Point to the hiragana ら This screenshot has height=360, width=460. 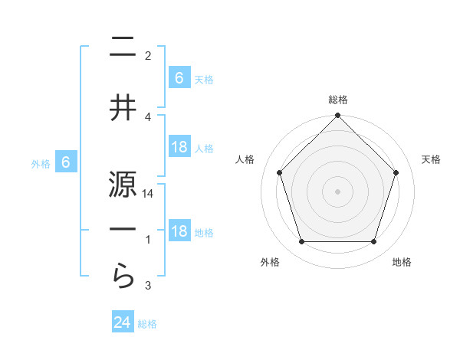pyautogui.click(x=123, y=275)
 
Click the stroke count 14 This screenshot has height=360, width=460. pyautogui.click(x=148, y=195)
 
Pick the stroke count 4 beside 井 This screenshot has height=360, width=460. pyautogui.click(x=148, y=116)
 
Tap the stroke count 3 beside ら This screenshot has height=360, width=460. pyautogui.click(x=148, y=286)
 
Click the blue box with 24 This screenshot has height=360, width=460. pyautogui.click(x=123, y=322)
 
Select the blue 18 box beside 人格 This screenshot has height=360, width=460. pyautogui.click(x=179, y=147)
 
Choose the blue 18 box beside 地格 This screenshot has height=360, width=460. pyautogui.click(x=179, y=231)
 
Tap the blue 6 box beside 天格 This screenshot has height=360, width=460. pyautogui.click(x=179, y=77)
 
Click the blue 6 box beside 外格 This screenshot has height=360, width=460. pyautogui.click(x=67, y=162)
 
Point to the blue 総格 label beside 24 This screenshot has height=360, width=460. pyautogui.click(x=147, y=324)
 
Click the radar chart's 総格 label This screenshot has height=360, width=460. pyautogui.click(x=337, y=100)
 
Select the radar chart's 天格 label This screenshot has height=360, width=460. pyautogui.click(x=432, y=159)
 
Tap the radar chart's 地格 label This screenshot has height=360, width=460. pyautogui.click(x=402, y=262)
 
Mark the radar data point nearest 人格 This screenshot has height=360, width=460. pyautogui.click(x=279, y=172)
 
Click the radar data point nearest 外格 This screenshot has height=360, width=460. pyautogui.click(x=301, y=242)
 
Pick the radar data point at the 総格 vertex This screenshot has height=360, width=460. pyautogui.click(x=337, y=116)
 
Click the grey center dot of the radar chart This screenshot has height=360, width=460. pyautogui.click(x=337, y=191)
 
